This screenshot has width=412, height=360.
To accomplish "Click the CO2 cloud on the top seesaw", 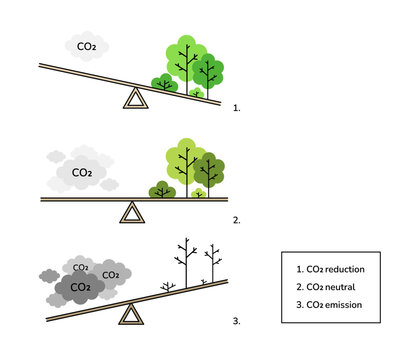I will point(88,45).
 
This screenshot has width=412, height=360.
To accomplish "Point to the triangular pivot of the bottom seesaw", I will point(131,315).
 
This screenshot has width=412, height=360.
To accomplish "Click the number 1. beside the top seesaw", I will point(236,104).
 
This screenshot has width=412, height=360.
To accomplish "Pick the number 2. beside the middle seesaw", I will point(236,217).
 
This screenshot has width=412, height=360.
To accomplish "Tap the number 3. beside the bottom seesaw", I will point(236,322).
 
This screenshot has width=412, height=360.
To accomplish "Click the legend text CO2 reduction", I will point(331,269).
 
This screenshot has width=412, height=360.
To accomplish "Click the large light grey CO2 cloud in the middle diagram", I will point(81,172).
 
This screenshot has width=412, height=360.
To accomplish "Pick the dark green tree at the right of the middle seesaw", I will point(210,167).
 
